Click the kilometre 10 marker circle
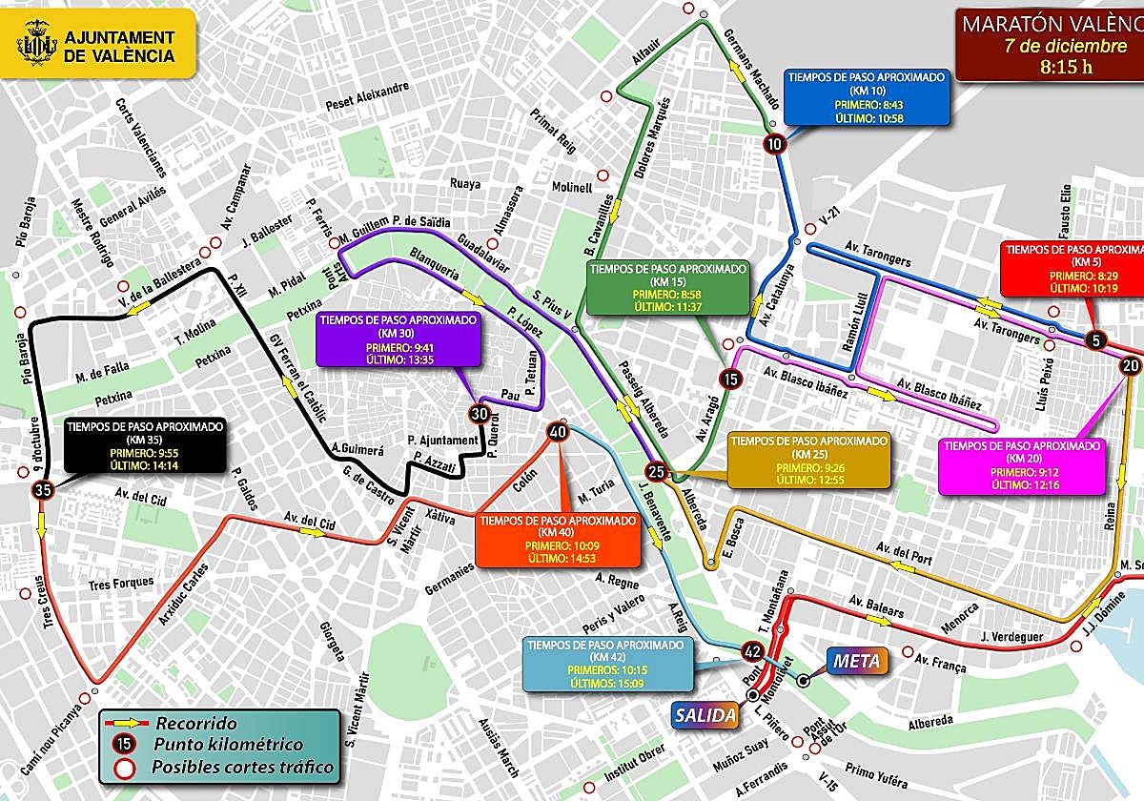point(774,144)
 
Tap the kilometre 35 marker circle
point(42,491)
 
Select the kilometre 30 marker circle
point(480,414)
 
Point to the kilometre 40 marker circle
point(558,432)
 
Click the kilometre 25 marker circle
point(656,471)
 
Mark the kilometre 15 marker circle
point(730,379)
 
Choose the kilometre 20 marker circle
point(1131,365)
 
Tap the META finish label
point(855,660)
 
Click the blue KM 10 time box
point(867,97)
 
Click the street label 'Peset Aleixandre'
point(367,95)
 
